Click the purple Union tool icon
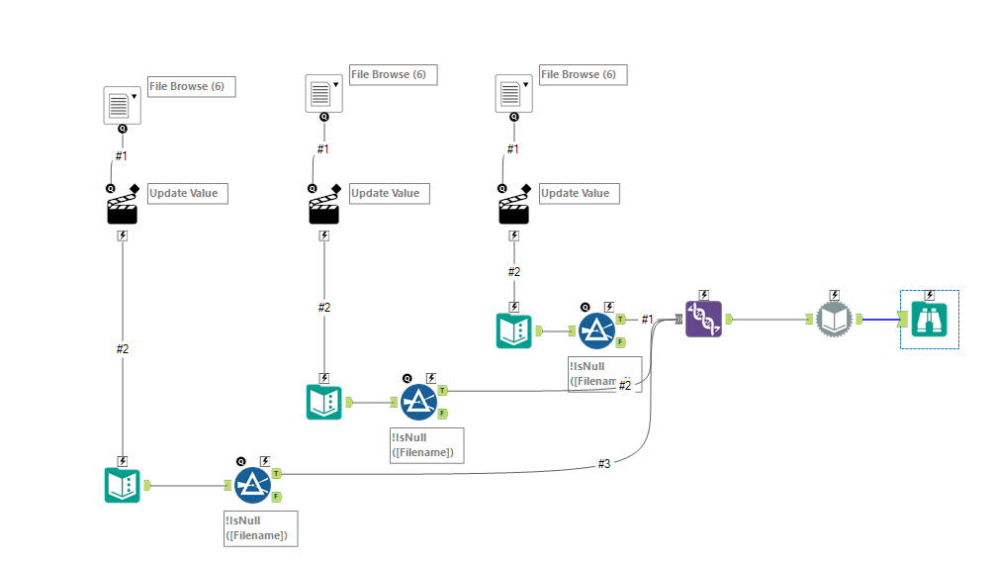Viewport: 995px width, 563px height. (703, 320)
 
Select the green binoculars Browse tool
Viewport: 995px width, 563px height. (930, 319)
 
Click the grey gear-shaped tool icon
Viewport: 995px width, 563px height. (834, 320)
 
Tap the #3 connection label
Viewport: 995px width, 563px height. (603, 463)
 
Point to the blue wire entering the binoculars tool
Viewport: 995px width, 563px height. (879, 319)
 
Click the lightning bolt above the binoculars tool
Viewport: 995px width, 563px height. (930, 294)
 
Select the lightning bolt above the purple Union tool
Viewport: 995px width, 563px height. (703, 294)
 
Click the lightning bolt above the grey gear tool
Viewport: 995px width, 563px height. (834, 294)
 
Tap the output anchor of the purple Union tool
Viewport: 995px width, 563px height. (728, 320)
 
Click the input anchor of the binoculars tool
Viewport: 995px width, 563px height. (902, 319)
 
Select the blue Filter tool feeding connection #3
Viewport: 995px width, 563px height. (253, 485)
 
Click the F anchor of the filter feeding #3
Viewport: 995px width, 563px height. (277, 497)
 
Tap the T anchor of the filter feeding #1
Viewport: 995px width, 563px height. (620, 319)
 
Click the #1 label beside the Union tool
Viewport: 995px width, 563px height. (648, 319)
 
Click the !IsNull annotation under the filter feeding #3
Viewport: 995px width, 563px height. (260, 527)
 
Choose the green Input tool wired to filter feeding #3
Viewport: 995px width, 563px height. (122, 485)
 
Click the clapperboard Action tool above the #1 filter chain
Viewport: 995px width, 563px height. (513, 211)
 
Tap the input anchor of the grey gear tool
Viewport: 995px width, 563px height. (809, 319)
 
